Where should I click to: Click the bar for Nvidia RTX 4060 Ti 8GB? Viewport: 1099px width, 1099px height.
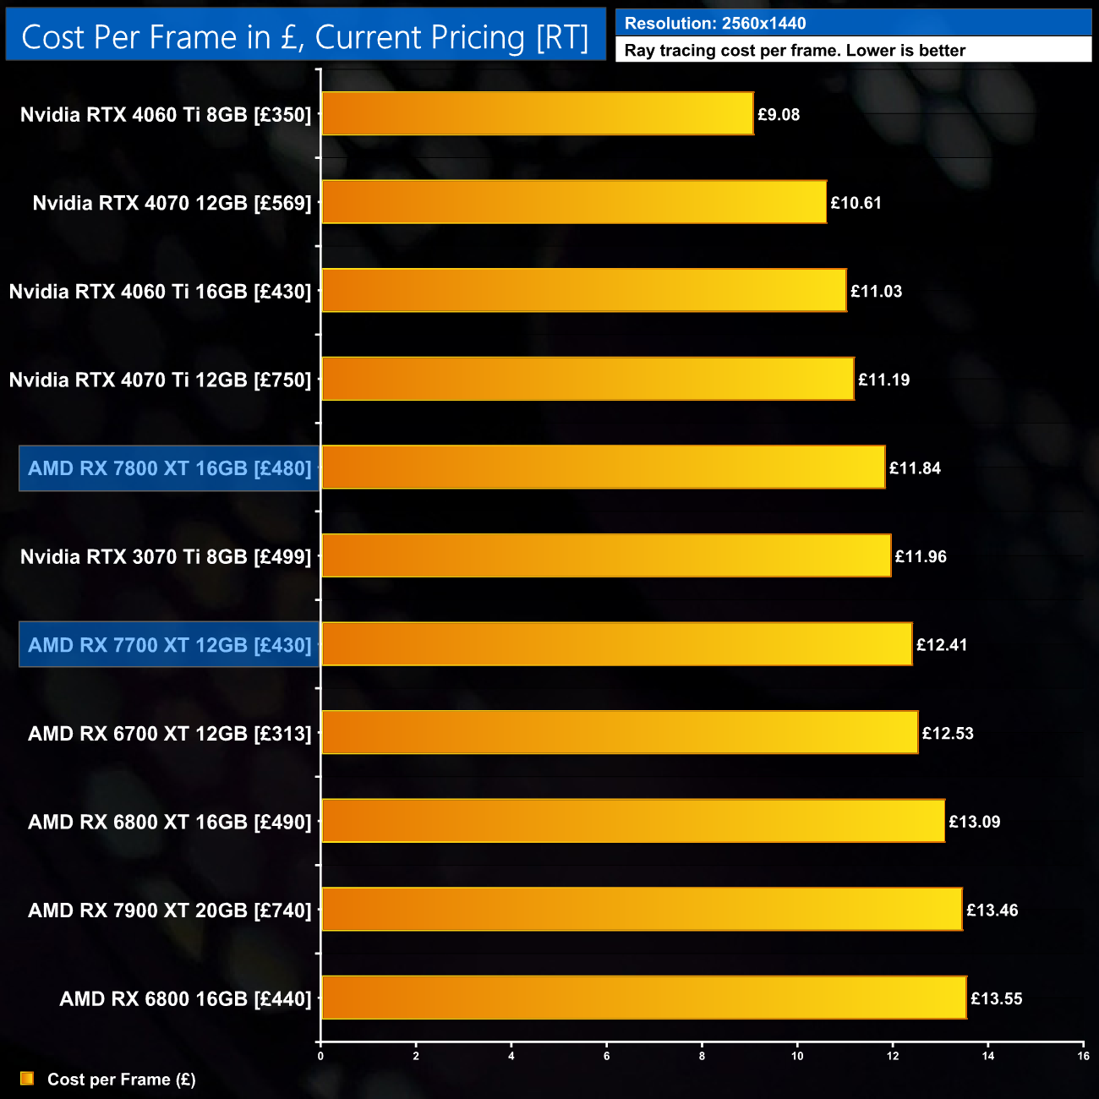click(538, 113)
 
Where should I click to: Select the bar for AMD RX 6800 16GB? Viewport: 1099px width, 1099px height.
click(644, 998)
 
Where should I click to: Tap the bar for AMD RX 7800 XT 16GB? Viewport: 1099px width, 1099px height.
click(604, 467)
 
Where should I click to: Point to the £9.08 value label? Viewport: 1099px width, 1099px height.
click(779, 114)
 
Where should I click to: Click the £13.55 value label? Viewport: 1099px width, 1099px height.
click(997, 998)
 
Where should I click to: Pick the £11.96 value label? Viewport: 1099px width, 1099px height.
click(921, 556)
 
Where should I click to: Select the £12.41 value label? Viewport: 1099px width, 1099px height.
click(942, 645)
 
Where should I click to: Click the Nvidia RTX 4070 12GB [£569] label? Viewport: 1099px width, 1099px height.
click(172, 203)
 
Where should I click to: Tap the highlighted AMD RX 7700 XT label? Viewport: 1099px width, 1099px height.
click(170, 645)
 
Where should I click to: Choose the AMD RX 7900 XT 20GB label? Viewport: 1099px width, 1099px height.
click(170, 910)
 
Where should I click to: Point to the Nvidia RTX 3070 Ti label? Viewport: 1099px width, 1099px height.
click(166, 556)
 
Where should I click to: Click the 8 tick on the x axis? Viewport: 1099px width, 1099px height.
click(702, 1056)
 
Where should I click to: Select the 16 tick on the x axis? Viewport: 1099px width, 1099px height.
click(1083, 1056)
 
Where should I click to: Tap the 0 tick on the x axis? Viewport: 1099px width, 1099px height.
click(320, 1056)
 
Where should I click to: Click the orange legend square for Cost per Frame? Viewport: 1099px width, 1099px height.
click(27, 1079)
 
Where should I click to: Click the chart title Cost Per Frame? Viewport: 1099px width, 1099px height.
click(305, 37)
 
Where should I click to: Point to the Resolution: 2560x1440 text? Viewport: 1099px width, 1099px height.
click(715, 24)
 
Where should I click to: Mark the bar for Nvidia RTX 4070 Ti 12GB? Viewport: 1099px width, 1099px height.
click(588, 379)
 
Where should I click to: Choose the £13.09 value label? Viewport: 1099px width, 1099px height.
click(975, 822)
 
